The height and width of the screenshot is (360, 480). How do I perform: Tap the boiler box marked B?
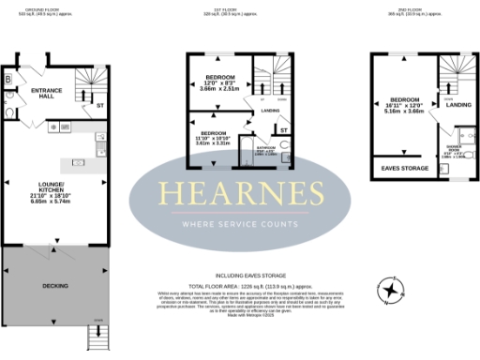point(9,80)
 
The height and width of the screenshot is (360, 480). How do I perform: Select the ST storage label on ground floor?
point(100,106)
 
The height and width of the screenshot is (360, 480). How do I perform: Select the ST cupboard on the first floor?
point(283,128)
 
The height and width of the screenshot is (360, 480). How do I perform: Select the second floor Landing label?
point(458,104)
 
